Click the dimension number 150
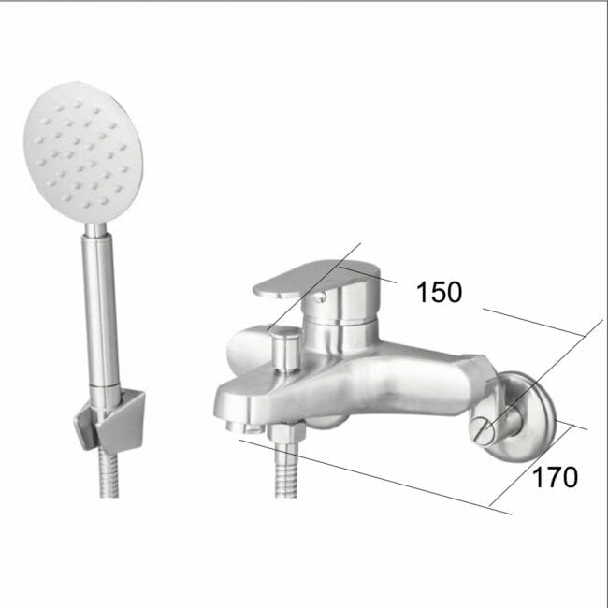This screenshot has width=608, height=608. point(439,292)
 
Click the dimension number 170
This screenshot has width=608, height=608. point(555,477)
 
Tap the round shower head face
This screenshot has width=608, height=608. point(83,152)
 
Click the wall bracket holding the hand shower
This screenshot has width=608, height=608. point(110,422)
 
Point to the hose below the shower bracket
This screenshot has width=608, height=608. point(109,472)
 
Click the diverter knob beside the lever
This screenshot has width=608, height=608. point(286,349)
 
